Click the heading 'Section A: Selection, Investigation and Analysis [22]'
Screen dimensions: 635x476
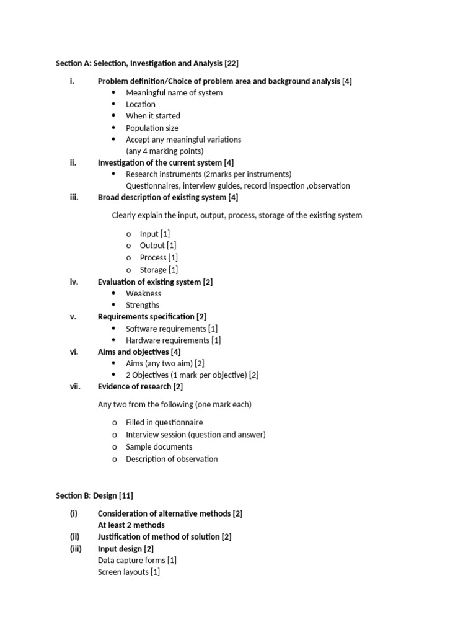tap(147, 63)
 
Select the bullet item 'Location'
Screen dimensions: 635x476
tap(141, 104)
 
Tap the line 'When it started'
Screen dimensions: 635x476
tap(153, 116)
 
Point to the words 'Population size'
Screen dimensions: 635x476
tap(152, 128)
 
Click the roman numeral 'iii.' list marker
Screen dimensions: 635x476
tap(74, 197)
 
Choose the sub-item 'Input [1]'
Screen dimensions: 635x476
tap(155, 234)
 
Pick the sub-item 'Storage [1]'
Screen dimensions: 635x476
tap(159, 270)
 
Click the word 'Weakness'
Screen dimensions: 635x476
tap(143, 293)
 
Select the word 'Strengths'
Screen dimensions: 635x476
tap(143, 305)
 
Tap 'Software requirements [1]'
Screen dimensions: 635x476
tap(172, 329)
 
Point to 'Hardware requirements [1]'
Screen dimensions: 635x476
tap(173, 340)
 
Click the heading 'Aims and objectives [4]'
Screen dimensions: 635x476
tap(139, 352)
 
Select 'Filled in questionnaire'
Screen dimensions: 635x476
tap(164, 423)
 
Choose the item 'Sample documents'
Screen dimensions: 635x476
tap(159, 447)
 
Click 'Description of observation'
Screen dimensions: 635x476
tap(172, 460)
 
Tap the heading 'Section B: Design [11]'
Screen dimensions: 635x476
tap(94, 495)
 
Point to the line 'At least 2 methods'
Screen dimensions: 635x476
tap(131, 525)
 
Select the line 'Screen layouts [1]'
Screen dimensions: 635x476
tap(129, 572)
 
